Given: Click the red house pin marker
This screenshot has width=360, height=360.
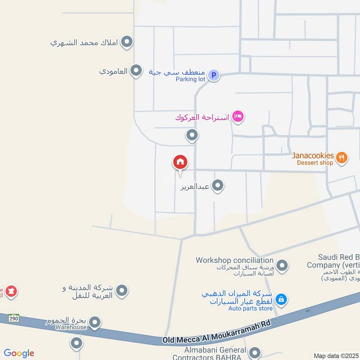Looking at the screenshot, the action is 180,162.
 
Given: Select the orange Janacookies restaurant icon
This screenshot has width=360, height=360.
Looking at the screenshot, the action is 342,157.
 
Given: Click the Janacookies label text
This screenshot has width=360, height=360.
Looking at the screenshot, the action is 313,156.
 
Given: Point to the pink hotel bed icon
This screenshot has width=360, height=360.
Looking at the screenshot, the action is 238,117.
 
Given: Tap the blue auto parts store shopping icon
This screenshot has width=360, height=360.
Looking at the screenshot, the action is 281,298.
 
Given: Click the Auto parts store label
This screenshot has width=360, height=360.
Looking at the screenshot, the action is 250,308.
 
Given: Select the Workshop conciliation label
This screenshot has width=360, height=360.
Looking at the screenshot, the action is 234,260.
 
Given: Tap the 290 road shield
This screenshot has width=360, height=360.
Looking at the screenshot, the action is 13,318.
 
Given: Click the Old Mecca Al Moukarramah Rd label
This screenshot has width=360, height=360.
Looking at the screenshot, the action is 211,339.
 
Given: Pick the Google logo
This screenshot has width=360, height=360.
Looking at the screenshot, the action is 19,353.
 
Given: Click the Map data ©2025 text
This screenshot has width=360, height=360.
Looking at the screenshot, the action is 336,356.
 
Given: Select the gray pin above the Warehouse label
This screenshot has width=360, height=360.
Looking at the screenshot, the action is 94,322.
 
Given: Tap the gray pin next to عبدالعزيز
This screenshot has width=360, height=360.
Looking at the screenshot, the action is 218,185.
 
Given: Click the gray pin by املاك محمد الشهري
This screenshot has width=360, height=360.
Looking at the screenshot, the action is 128,43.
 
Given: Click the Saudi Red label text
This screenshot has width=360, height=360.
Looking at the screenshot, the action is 333,257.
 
